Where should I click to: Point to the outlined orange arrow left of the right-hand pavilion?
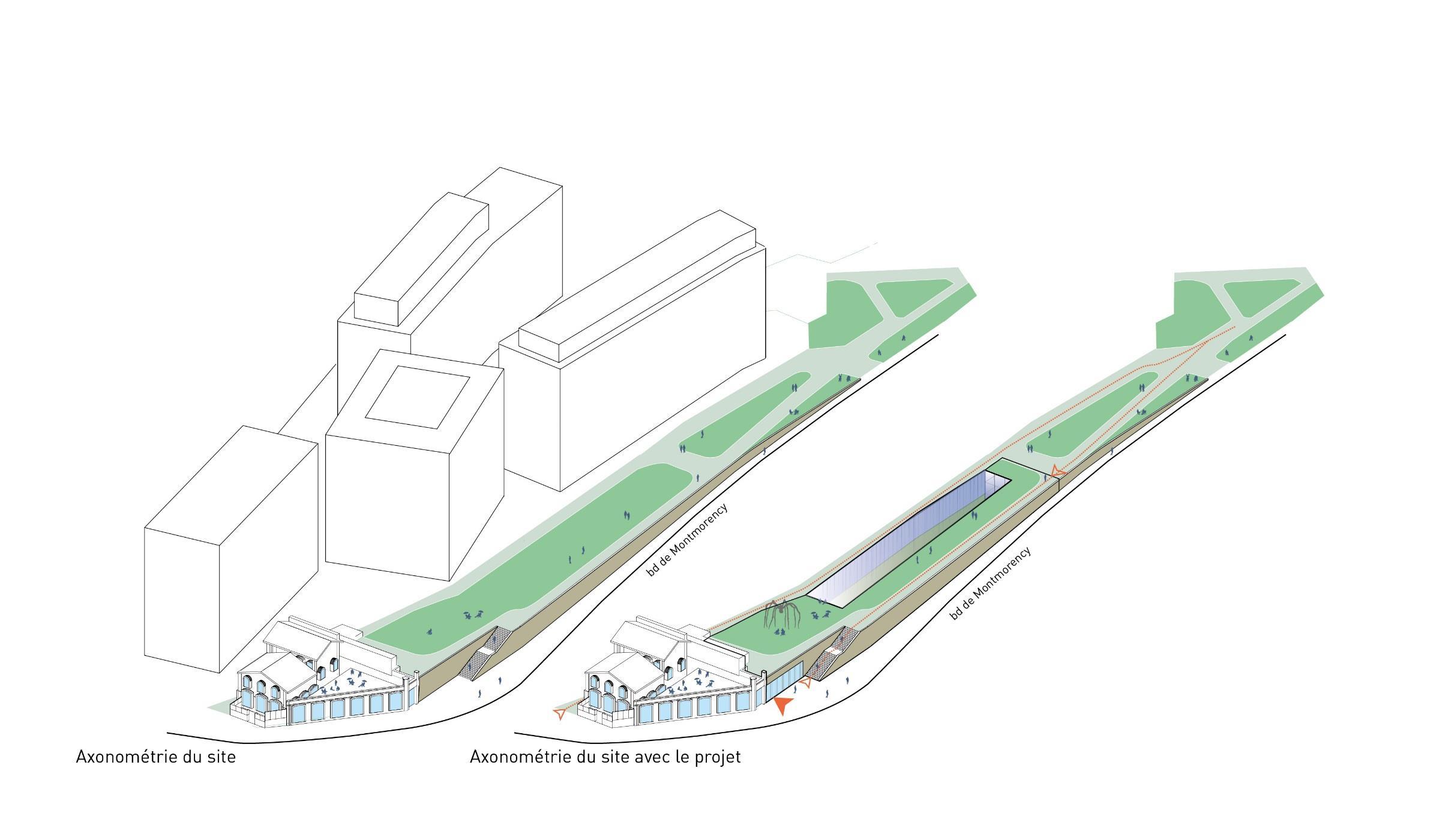[x=560, y=713]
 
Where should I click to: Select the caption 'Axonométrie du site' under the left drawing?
[x=155, y=757]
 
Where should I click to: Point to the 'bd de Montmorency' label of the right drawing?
[x=991, y=583]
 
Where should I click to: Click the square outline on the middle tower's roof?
[x=418, y=396]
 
